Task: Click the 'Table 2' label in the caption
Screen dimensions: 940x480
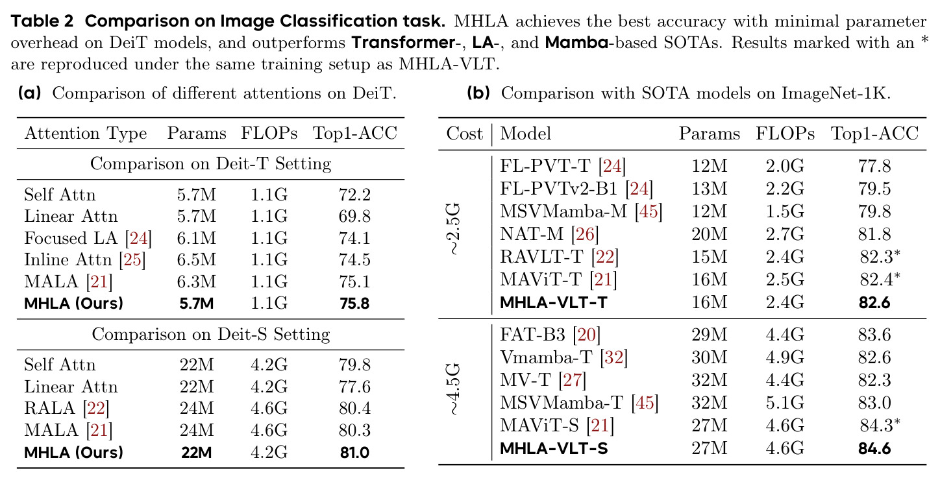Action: point(42,21)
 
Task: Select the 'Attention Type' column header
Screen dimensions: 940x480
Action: point(86,134)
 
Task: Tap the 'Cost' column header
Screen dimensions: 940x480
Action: point(465,134)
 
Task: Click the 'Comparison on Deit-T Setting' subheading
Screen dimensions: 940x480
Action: point(211,163)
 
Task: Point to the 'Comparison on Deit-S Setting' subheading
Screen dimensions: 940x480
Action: point(211,334)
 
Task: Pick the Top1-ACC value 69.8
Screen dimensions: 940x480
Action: point(354,216)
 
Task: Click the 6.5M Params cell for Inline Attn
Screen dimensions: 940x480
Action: point(197,259)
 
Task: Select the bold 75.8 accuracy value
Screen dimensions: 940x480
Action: point(354,303)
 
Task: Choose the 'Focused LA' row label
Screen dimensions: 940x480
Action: point(71,238)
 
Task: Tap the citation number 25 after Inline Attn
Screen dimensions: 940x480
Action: point(132,259)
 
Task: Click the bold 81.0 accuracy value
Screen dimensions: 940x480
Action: point(354,452)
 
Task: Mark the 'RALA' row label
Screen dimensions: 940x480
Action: point(49,408)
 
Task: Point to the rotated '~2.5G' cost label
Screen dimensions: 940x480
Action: point(454,229)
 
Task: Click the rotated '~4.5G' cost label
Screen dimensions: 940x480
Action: point(454,389)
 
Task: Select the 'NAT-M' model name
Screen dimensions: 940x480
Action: point(532,234)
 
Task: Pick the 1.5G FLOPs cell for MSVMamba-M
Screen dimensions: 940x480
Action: point(785,211)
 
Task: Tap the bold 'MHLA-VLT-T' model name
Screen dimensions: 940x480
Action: point(554,302)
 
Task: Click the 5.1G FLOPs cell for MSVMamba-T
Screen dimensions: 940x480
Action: point(785,403)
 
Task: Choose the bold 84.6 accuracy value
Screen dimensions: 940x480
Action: point(874,449)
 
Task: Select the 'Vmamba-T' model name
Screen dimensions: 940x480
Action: point(546,357)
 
